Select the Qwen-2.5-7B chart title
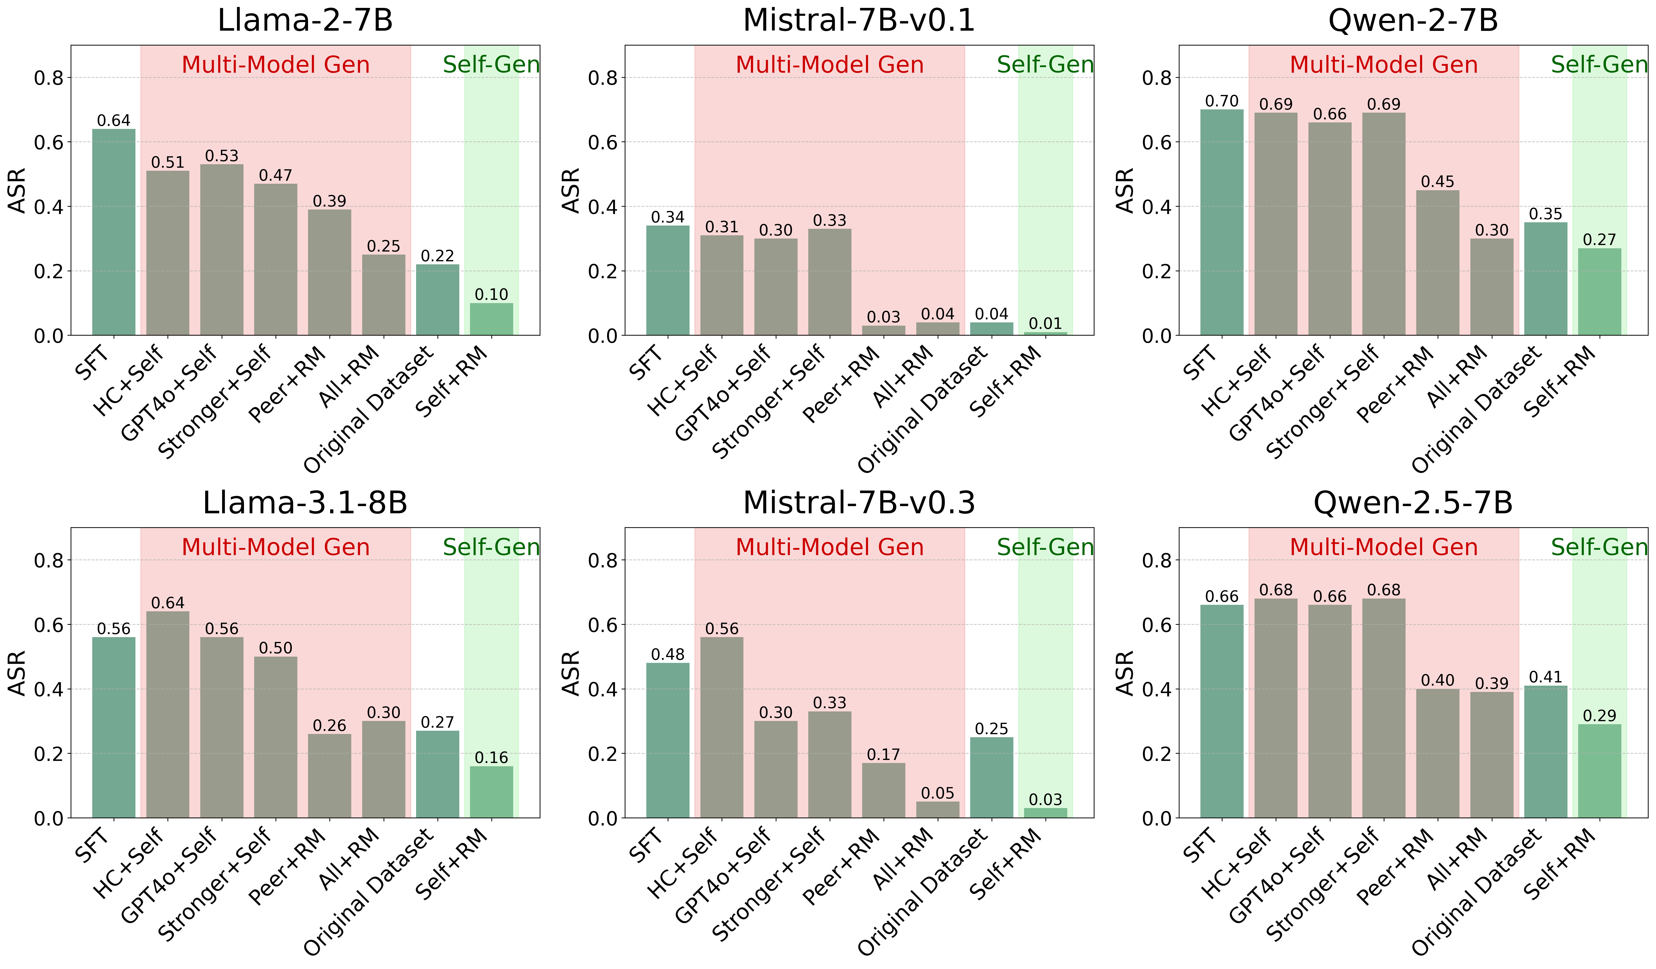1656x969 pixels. (1413, 503)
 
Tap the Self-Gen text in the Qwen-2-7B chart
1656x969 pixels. (1599, 64)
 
